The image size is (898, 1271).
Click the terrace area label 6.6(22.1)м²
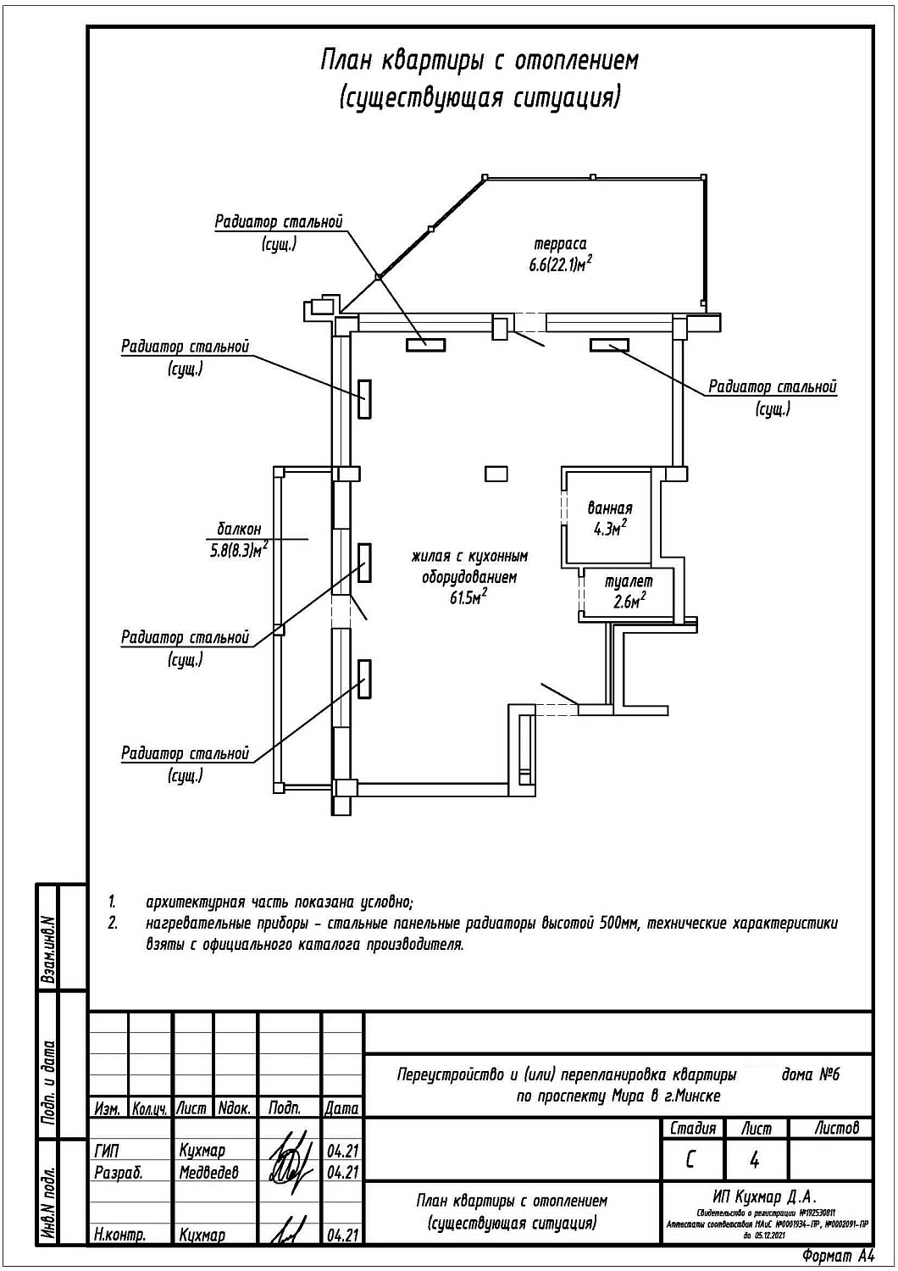point(555,265)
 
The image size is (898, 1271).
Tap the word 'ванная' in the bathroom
point(610,508)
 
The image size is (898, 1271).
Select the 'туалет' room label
point(629,582)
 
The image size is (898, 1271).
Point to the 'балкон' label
point(239,529)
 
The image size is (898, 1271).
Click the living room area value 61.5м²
point(468,598)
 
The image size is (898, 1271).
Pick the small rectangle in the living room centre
point(496,473)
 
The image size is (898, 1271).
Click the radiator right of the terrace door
point(609,344)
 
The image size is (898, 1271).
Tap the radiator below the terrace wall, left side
point(424,343)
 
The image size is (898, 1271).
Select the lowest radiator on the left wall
point(363,680)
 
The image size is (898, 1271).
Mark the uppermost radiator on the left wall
point(363,398)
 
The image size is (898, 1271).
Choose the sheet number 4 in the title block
point(754,1158)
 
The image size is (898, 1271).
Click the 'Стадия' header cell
point(692,1128)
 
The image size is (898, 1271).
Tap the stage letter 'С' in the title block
point(691,1158)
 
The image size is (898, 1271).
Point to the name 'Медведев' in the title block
point(208,1172)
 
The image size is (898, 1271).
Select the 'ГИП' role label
point(108,1151)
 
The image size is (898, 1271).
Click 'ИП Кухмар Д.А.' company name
point(765,1196)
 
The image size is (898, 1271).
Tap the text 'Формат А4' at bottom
point(837,1256)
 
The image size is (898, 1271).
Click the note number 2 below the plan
point(113,923)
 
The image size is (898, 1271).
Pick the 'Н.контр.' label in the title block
point(119,1235)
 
